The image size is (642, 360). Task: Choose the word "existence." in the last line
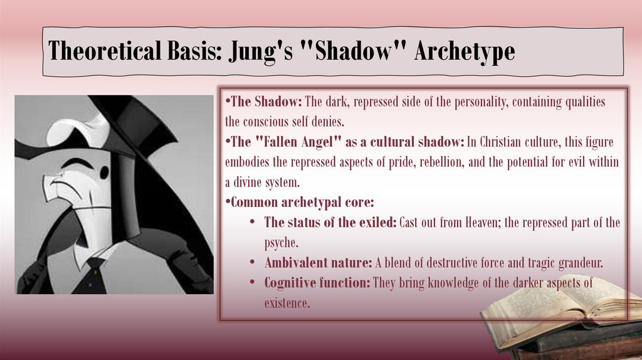287,303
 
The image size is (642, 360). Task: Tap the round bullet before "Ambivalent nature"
251,263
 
